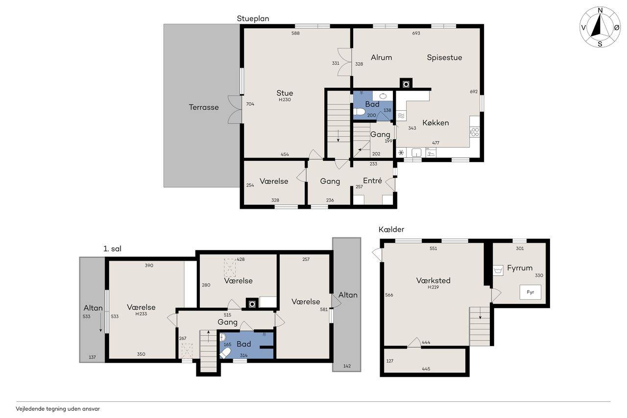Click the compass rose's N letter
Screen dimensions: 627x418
pos(600,11)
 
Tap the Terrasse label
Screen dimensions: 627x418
pos(204,107)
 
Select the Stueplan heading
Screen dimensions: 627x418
pos(253,19)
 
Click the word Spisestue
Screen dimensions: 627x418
pos(444,58)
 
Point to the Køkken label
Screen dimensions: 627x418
pos(435,123)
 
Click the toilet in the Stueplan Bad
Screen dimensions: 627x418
pos(359,112)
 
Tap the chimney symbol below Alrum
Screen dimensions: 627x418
pos(406,84)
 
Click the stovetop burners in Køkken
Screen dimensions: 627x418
pos(475,132)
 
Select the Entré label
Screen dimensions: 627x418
pos(372,181)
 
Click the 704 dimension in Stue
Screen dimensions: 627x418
pos(250,104)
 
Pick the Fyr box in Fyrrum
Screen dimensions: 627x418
pos(531,292)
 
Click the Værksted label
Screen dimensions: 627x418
pos(434,280)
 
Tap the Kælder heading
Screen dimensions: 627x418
pos(391,229)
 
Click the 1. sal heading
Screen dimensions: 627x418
pos(112,248)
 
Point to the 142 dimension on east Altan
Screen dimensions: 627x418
pos(347,366)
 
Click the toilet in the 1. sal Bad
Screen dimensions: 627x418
pos(225,353)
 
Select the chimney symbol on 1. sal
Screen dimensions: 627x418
pos(252,304)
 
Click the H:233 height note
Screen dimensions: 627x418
pos(141,314)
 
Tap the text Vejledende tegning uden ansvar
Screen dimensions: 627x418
pos(58,409)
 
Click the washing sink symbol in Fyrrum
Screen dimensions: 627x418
pos(498,270)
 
